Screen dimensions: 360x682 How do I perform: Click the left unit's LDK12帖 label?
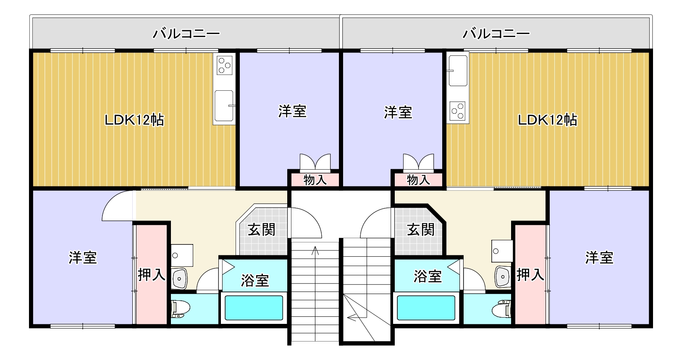pos(134,120)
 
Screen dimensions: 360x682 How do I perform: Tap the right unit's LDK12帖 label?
pos(547,120)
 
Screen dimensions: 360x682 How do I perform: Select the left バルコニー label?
pos(186,33)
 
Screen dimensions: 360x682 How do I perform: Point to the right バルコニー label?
pos(496,33)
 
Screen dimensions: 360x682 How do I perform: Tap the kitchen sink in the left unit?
pos(224,105)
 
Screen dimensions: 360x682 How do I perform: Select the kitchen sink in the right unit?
pos(457,70)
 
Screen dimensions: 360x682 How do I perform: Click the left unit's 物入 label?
pos(315,180)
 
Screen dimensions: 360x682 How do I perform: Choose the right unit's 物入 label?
pos(418,180)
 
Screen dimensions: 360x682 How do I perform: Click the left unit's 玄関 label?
pos(261,230)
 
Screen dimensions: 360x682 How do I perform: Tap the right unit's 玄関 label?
pos(420,230)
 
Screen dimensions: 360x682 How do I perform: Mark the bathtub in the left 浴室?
pos(254,308)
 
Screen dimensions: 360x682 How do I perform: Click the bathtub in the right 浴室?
pos(426,308)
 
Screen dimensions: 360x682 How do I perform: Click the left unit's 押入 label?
pos(152,275)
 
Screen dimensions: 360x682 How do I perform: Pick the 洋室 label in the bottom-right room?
pos(599,258)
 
